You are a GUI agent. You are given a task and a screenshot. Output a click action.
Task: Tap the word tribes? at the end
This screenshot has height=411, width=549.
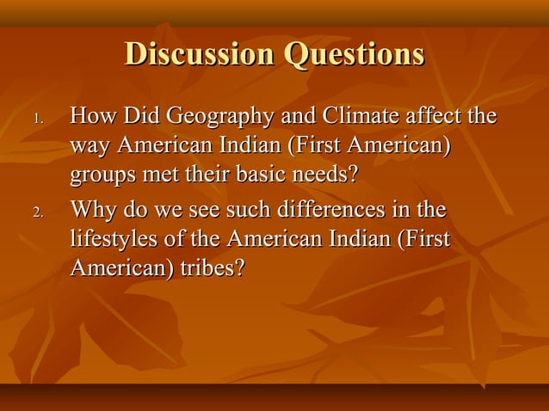(212, 268)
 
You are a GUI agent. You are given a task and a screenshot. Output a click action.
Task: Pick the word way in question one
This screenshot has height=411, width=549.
(89, 146)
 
